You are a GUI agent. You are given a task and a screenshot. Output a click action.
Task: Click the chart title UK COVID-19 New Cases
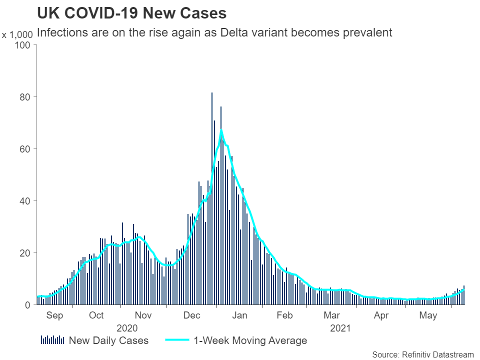(x=131, y=13)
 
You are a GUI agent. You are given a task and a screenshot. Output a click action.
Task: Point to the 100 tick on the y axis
(x=24, y=45)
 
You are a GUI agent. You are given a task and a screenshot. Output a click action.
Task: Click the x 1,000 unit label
(x=17, y=35)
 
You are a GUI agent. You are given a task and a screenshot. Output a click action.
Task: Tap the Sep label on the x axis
(x=54, y=315)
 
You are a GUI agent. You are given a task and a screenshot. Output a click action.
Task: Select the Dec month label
(x=192, y=315)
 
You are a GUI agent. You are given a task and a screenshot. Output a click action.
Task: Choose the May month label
(x=428, y=315)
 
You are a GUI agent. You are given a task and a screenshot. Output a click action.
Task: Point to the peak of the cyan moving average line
(x=221, y=130)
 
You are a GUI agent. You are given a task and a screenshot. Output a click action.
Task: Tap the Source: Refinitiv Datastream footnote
(x=422, y=354)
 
